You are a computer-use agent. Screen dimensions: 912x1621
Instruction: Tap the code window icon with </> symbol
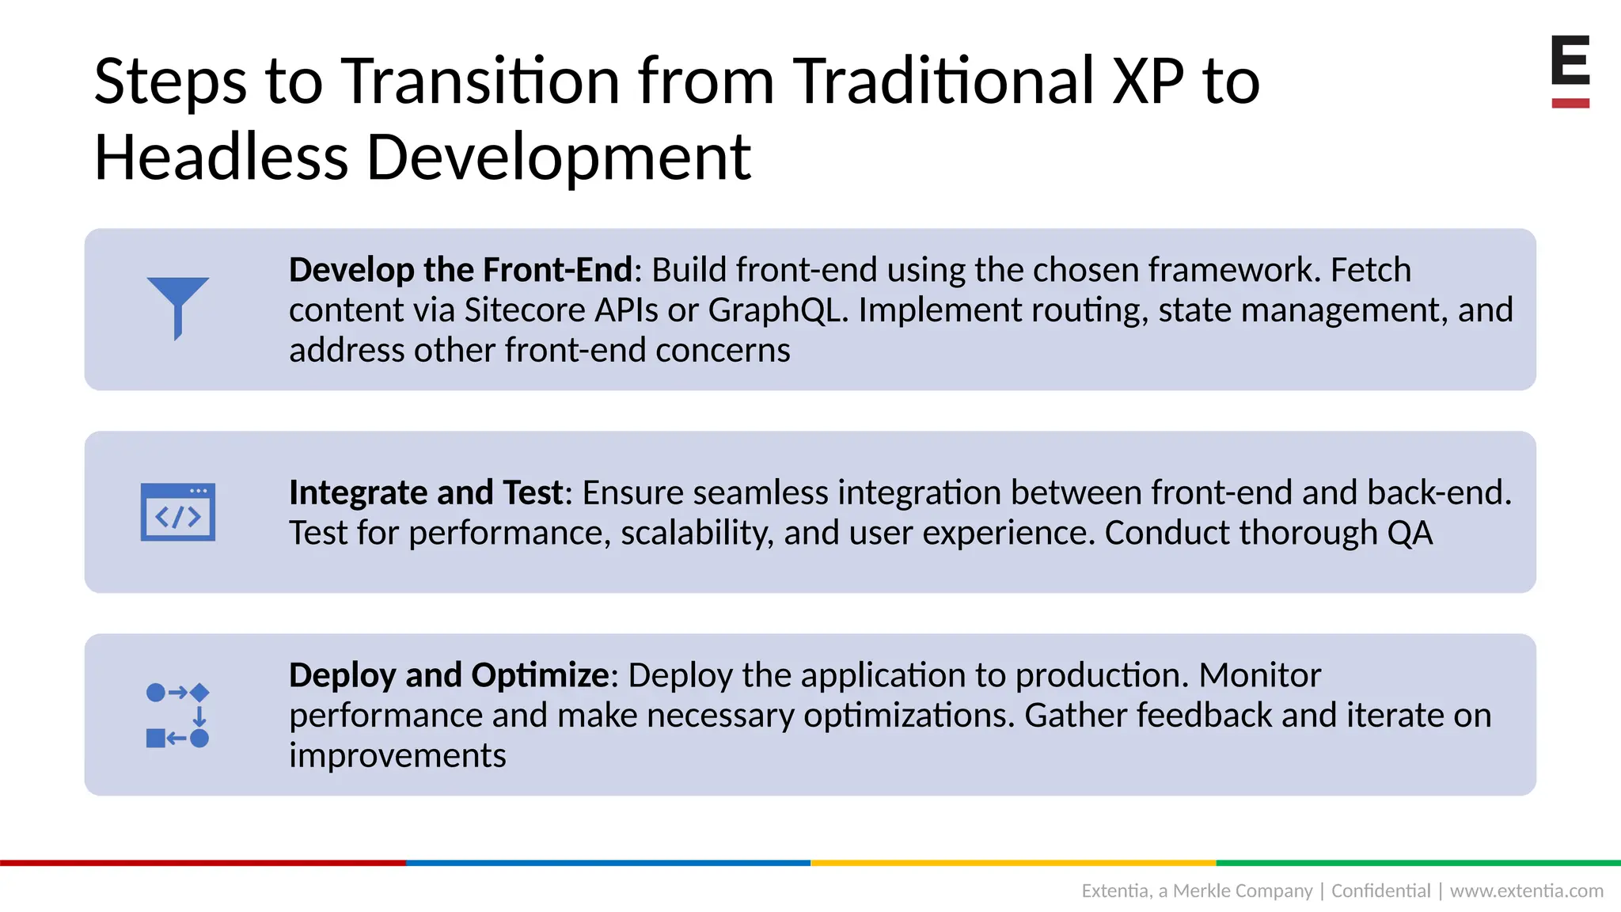pyautogui.click(x=178, y=512)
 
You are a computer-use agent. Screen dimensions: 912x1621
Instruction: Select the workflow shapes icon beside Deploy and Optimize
pyautogui.click(x=178, y=715)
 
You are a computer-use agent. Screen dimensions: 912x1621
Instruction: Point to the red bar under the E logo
pyautogui.click(x=1570, y=103)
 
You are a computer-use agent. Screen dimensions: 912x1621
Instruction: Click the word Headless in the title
pyautogui.click(x=221, y=157)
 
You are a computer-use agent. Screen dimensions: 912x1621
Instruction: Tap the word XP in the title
pyautogui.click(x=1148, y=81)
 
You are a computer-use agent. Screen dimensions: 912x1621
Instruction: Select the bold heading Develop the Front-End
pyautogui.click(x=461, y=270)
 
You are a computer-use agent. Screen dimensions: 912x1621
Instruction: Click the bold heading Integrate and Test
pyautogui.click(x=427, y=492)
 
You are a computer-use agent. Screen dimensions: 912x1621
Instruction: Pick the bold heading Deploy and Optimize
pyautogui.click(x=449, y=675)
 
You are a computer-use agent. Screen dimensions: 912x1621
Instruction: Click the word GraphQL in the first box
pyautogui.click(x=776, y=310)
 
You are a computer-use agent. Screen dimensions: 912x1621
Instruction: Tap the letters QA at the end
pyautogui.click(x=1410, y=533)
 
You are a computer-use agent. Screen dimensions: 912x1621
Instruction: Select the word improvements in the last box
pyautogui.click(x=397, y=755)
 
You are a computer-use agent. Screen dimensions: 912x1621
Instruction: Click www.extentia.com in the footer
pyautogui.click(x=1526, y=891)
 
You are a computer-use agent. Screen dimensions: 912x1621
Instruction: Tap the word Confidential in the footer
pyautogui.click(x=1380, y=891)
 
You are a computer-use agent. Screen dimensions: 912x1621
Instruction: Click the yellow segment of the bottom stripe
pyautogui.click(x=1013, y=862)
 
